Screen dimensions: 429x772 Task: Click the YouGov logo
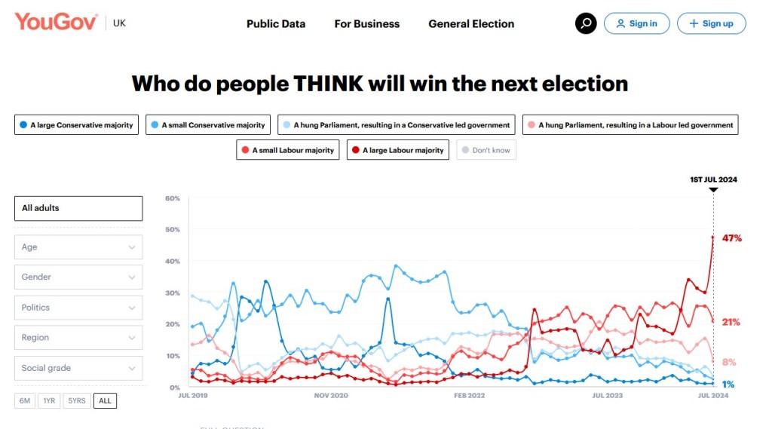(56, 22)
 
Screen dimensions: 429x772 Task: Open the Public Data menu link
(276, 24)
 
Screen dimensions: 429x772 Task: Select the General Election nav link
(471, 24)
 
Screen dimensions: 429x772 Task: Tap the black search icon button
(586, 23)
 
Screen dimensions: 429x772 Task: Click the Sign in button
(636, 23)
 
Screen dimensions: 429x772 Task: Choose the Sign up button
(711, 23)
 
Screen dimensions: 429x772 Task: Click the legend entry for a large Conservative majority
(76, 125)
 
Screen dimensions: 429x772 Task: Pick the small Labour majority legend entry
(287, 150)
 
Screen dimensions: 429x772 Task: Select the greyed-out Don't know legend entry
(486, 150)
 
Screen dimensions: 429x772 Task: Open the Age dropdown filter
(78, 247)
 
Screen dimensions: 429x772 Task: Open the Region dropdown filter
(78, 338)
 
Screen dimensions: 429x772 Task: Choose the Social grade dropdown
(78, 368)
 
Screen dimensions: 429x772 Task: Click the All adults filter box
(78, 208)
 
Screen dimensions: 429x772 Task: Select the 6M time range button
(25, 400)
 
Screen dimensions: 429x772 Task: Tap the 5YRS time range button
(75, 400)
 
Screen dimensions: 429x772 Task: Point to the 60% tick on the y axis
(173, 198)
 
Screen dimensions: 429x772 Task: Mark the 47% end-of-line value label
(731, 238)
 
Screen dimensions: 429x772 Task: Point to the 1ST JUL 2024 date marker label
(713, 179)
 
